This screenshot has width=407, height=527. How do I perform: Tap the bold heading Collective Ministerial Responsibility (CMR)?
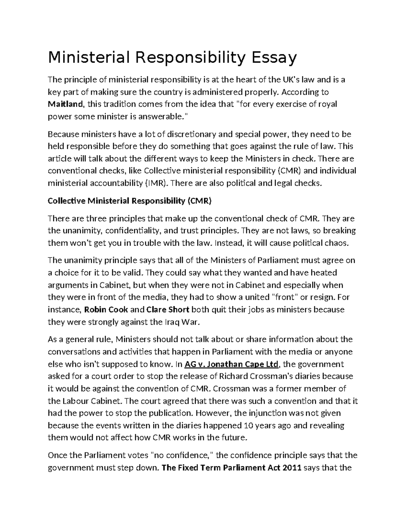click(130, 201)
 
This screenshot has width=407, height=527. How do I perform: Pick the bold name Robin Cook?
click(106, 309)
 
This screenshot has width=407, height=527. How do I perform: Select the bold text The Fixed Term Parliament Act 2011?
click(232, 468)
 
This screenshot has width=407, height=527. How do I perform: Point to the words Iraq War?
click(178, 322)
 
